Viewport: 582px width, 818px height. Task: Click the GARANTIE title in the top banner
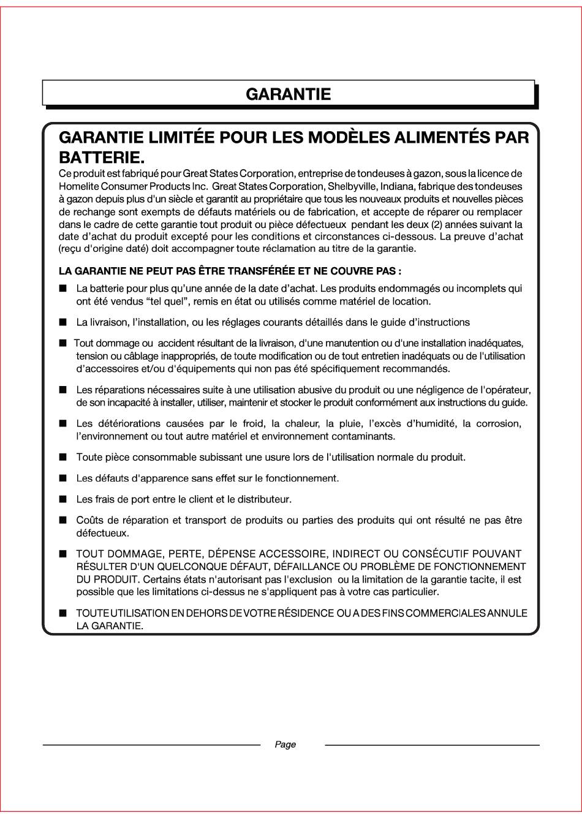pyautogui.click(x=288, y=94)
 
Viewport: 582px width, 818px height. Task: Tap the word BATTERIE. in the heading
pyautogui.click(x=102, y=157)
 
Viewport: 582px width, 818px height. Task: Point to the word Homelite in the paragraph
pyautogui.click(x=77, y=186)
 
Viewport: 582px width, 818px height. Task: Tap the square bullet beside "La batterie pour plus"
pyautogui.click(x=63, y=288)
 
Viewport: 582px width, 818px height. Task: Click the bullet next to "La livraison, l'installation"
pyautogui.click(x=63, y=322)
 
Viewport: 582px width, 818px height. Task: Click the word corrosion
pyautogui.click(x=498, y=423)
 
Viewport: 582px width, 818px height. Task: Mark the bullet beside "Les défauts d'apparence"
pyautogui.click(x=63, y=478)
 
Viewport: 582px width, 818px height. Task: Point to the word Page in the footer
pyautogui.click(x=285, y=744)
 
